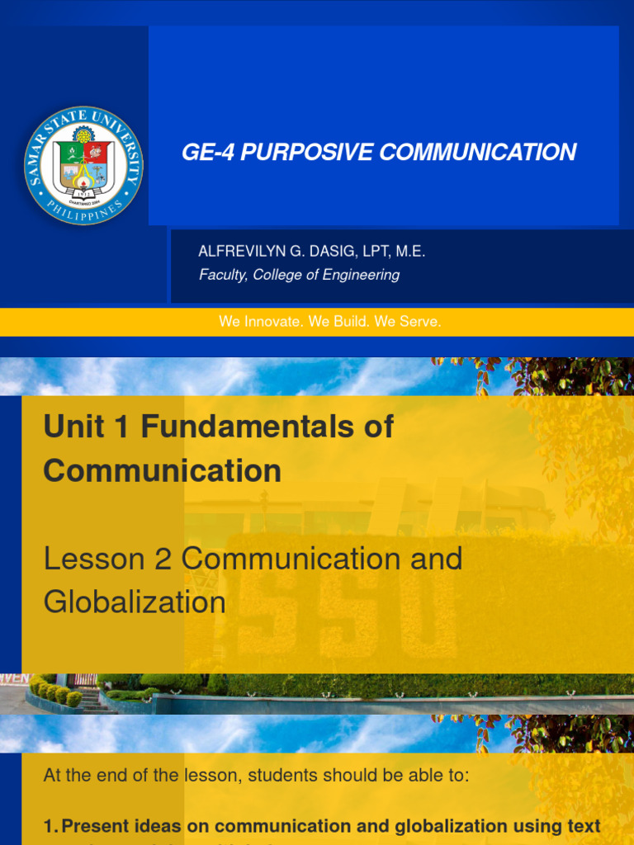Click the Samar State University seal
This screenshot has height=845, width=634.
coord(83,165)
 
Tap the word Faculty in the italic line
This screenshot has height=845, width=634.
coord(222,275)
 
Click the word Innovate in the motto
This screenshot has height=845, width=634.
coord(274,322)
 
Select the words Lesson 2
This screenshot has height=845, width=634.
coord(108,559)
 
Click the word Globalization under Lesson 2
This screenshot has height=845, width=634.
coord(135,602)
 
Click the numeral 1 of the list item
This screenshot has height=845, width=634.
coord(48,826)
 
